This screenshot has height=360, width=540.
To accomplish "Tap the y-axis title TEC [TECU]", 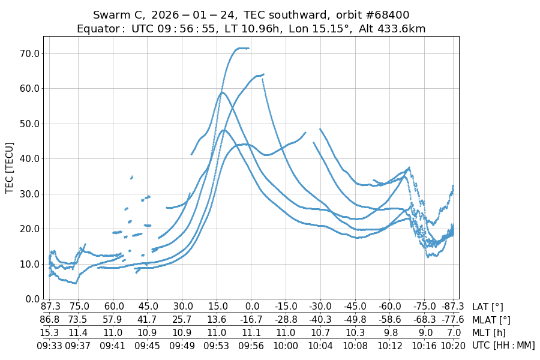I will pyautogui.click(x=10, y=167).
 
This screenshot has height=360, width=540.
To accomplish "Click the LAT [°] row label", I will pyautogui.click(x=488, y=307).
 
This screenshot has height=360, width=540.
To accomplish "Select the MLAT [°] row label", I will pyautogui.click(x=491, y=320).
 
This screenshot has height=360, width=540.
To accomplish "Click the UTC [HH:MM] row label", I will pyautogui.click(x=503, y=345).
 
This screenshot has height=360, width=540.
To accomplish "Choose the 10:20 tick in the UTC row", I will pyautogui.click(x=453, y=345).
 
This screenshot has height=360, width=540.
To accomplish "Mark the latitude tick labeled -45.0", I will pyautogui.click(x=355, y=307).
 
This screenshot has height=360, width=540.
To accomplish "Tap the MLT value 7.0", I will pyautogui.click(x=453, y=332).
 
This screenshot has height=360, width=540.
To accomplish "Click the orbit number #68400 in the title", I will pyautogui.click(x=384, y=14).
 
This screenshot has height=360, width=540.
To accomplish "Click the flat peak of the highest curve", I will pyautogui.click(x=242, y=48).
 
